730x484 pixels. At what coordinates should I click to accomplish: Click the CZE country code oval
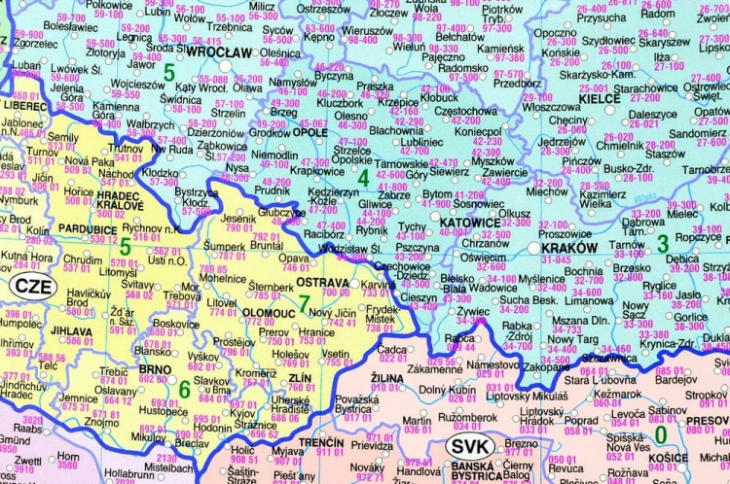coord(33,289)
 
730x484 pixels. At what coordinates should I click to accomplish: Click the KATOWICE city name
coord(469,223)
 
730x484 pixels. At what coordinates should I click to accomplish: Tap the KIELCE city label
coord(601,99)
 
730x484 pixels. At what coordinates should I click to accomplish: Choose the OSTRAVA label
coord(321,281)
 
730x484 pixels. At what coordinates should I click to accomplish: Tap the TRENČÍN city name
coord(321,442)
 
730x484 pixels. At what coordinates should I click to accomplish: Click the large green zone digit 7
coord(305,302)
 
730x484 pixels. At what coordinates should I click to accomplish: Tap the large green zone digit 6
coord(184,389)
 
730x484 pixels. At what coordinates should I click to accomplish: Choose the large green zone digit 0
coord(660,433)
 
